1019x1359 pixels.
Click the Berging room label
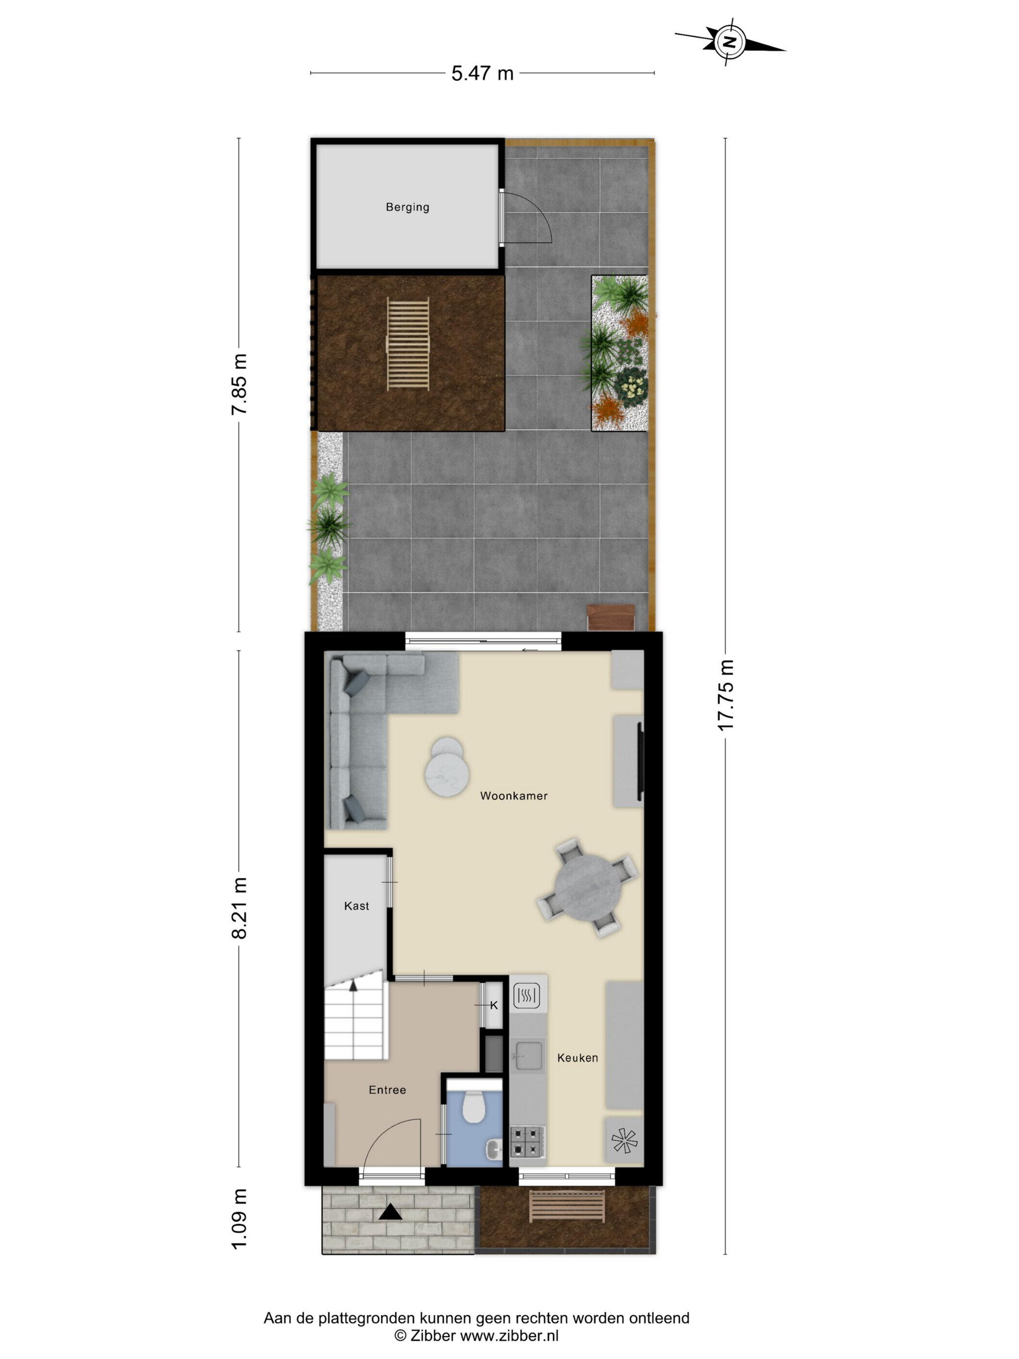pyautogui.click(x=407, y=207)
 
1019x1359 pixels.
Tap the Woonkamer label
pyautogui.click(x=513, y=796)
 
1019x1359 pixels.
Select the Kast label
pyautogui.click(x=356, y=906)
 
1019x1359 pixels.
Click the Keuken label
pyautogui.click(x=577, y=1057)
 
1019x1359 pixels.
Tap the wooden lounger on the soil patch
pyautogui.click(x=407, y=344)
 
